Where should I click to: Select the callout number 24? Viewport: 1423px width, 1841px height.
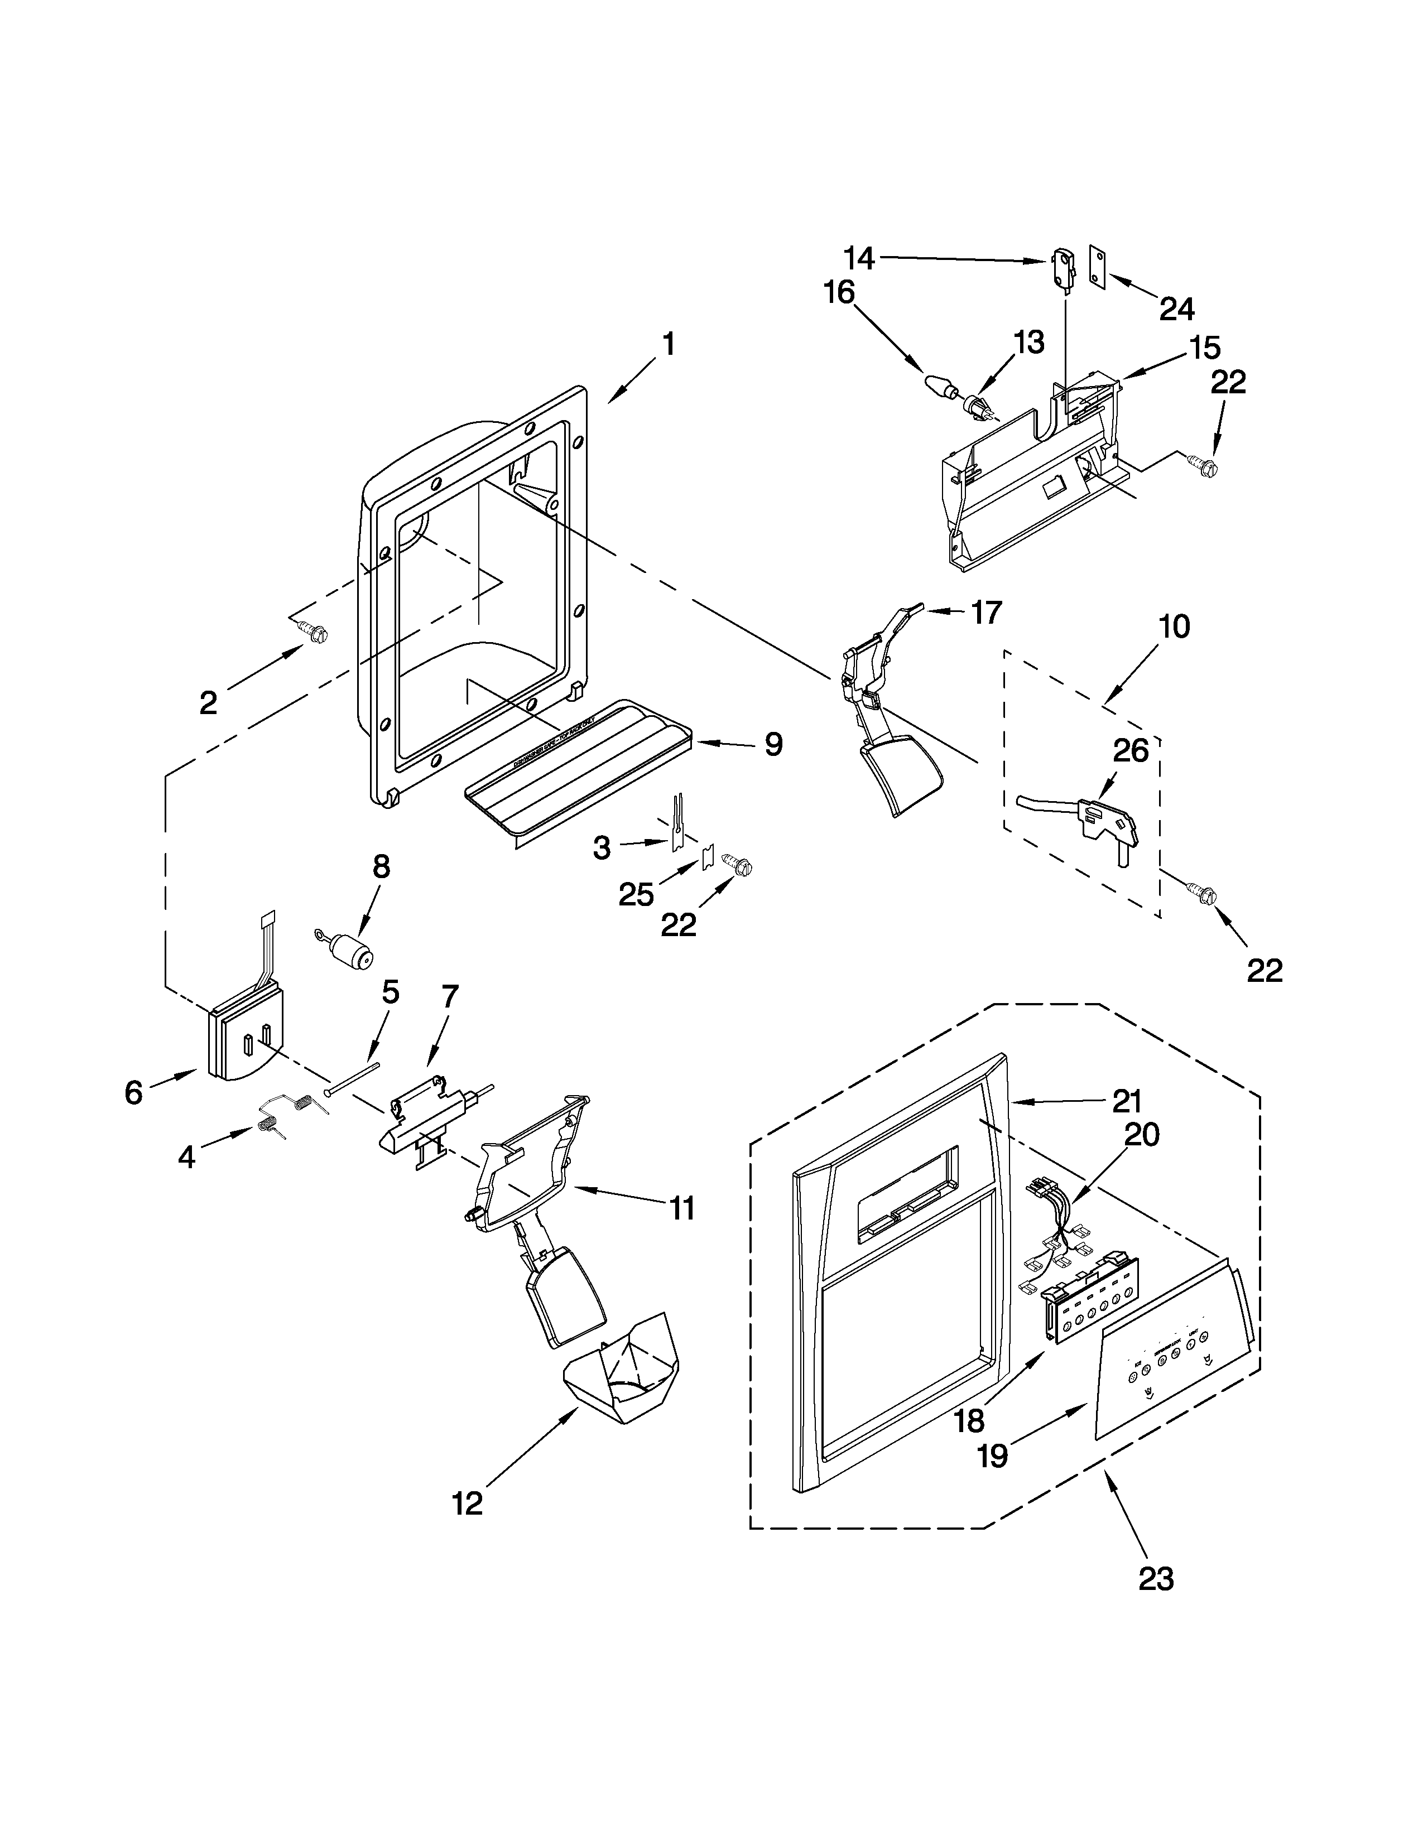[x=1177, y=310]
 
